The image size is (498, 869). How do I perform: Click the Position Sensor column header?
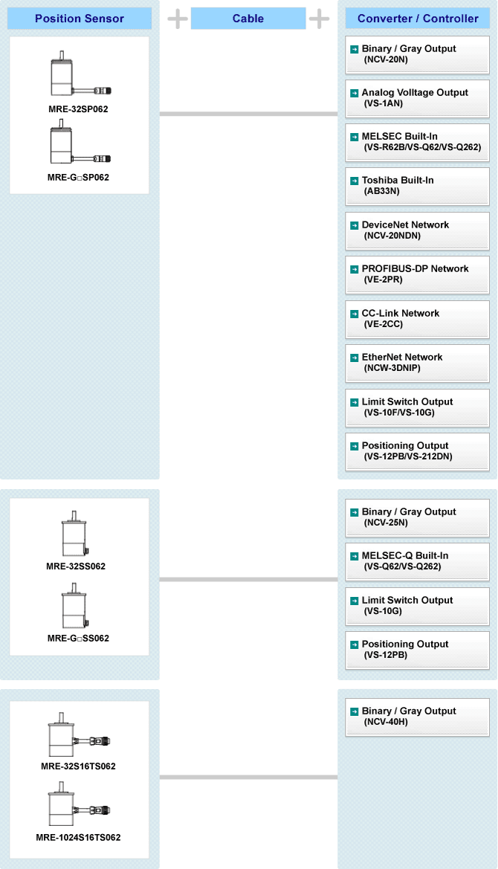[x=80, y=19]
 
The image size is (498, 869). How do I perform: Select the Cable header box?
[x=248, y=19]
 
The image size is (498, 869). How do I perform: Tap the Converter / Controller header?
[x=418, y=19]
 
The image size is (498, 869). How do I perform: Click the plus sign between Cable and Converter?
[x=319, y=19]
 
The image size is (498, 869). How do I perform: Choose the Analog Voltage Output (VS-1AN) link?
[x=417, y=98]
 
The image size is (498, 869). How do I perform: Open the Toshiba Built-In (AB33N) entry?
[x=417, y=186]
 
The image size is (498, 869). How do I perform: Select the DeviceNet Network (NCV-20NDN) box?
[x=417, y=230]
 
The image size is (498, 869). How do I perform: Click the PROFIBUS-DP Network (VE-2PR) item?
[x=417, y=274]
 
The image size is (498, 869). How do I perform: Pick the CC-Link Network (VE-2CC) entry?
[x=417, y=319]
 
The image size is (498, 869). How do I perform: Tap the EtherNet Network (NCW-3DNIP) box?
[x=417, y=363]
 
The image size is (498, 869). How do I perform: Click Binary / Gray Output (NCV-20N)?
[x=417, y=54]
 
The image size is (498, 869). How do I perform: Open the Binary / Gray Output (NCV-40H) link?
[x=417, y=717]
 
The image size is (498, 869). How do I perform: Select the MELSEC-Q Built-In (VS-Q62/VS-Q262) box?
[x=417, y=561]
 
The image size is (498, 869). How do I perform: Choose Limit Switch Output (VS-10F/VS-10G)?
[x=417, y=407]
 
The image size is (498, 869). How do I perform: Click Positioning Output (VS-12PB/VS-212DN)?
[x=417, y=451]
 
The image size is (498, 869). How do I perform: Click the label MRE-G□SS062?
[x=78, y=639]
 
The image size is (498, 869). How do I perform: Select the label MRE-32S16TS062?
[x=78, y=766]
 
